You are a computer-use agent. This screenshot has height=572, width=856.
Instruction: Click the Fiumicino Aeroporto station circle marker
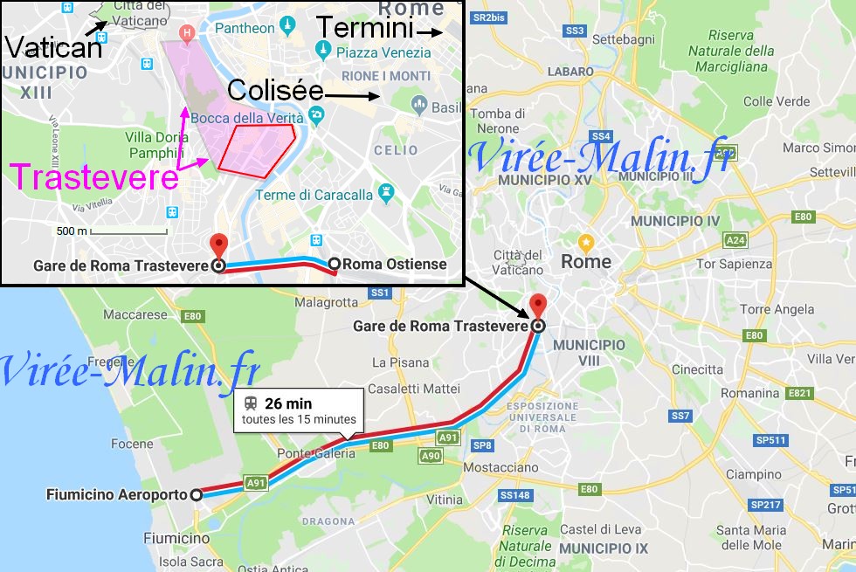coord(196,494)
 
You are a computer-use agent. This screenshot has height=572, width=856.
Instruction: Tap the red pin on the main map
coord(538,307)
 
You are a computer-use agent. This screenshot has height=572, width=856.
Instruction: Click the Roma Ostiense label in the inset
coord(394,264)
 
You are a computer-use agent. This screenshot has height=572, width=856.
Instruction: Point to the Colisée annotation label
coord(275,90)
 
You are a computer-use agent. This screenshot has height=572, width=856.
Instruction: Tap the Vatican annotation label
coord(53,47)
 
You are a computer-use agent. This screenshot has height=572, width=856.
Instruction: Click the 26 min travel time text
coord(287,403)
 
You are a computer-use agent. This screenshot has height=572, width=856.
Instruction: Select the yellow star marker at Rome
coord(586,241)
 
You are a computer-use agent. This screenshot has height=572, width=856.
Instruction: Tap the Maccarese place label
coord(135,314)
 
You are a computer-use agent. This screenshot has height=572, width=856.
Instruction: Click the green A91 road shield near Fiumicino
coord(256,481)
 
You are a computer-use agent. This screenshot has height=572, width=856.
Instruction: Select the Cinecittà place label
coord(697,369)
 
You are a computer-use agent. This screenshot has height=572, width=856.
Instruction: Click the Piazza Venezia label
coord(383,52)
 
